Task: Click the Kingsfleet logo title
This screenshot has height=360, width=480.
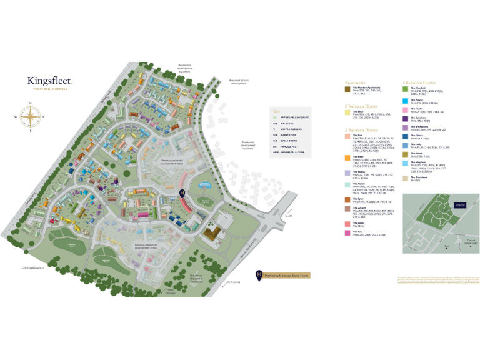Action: pos(49,80)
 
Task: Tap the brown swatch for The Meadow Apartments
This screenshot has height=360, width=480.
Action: pos(347,89)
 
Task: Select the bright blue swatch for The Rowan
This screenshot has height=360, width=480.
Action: pos(406,100)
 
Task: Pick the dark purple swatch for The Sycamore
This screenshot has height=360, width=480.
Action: pos(406,117)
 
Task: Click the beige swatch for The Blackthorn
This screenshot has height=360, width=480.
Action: pos(406,177)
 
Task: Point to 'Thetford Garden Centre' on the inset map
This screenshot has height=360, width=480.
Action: pos(461,242)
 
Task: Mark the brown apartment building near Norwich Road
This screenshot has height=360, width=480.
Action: pos(213,234)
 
